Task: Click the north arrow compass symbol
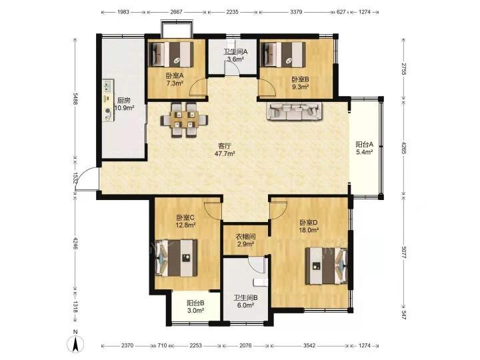(75, 341)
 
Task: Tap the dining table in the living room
(184, 120)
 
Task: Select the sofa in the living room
(295, 111)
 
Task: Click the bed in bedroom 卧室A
(171, 54)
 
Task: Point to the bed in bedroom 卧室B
(283, 54)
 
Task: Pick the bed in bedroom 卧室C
(176, 258)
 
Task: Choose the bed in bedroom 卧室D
(326, 266)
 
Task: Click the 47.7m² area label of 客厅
(225, 154)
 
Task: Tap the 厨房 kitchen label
(124, 101)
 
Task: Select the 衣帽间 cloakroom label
(245, 237)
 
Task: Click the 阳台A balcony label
(364, 144)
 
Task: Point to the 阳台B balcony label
(195, 303)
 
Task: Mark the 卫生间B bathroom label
(246, 297)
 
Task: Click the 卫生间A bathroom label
(235, 52)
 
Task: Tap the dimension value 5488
(75, 99)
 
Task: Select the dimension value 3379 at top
(296, 12)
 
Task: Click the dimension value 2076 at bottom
(245, 345)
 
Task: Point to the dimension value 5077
(404, 253)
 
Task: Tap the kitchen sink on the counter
(107, 85)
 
